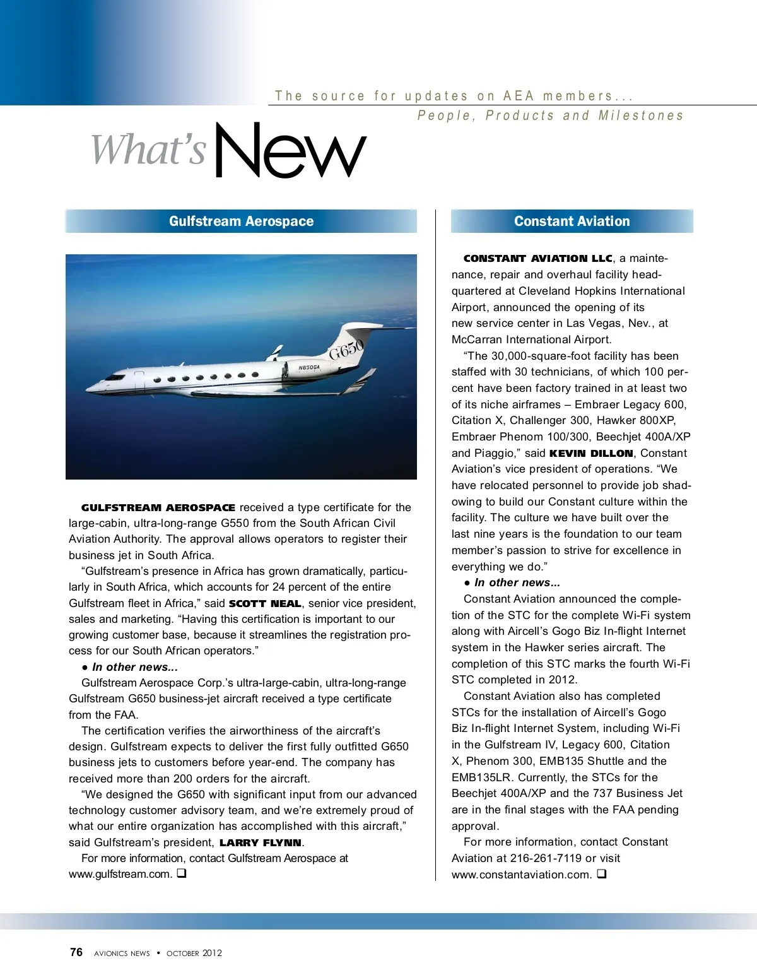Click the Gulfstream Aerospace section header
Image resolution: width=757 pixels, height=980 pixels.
pos(241,221)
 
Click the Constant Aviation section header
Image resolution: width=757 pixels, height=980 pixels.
pos(572,221)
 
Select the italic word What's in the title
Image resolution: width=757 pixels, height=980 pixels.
pos(149,150)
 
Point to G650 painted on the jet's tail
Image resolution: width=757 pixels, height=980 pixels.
pos(346,348)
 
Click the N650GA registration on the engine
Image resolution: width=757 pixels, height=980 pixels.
pos(308,367)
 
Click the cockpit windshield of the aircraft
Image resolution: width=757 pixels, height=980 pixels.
pos(115,377)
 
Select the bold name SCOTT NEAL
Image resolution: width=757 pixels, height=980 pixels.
pos(264,603)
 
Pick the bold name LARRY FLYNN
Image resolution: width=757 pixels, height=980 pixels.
pos(260,842)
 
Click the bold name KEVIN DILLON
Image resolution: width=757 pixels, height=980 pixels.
pos(591,453)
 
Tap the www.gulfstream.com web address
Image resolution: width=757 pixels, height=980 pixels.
pos(120,874)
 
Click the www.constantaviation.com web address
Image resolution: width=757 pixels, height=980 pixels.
pos(522,875)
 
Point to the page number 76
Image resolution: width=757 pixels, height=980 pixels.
pos(76,952)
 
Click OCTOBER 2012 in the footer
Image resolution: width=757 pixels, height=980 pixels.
pos(194,953)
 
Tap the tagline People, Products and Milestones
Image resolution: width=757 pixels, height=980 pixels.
pos(550,115)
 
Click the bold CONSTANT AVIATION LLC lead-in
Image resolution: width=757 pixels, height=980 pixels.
pos(537,258)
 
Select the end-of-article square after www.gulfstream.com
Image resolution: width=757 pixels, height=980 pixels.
pos(181,874)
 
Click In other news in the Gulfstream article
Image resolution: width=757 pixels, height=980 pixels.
pos(134,667)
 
